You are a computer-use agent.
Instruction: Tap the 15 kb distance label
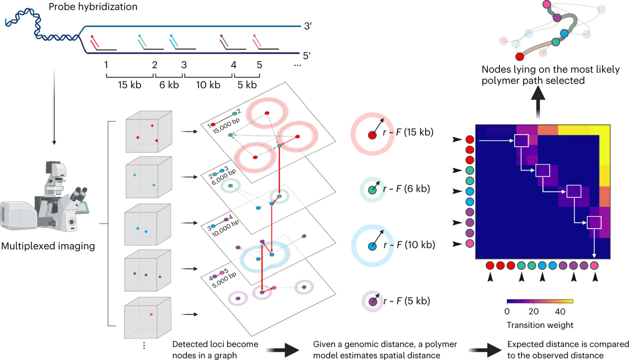(129, 85)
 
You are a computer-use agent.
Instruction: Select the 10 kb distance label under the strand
(208, 85)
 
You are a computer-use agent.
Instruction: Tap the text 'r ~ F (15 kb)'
(408, 133)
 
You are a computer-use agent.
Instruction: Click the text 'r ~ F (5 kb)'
(405, 301)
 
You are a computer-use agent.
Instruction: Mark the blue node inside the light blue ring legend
(372, 246)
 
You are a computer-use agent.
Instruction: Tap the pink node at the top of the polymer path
(546, 4)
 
